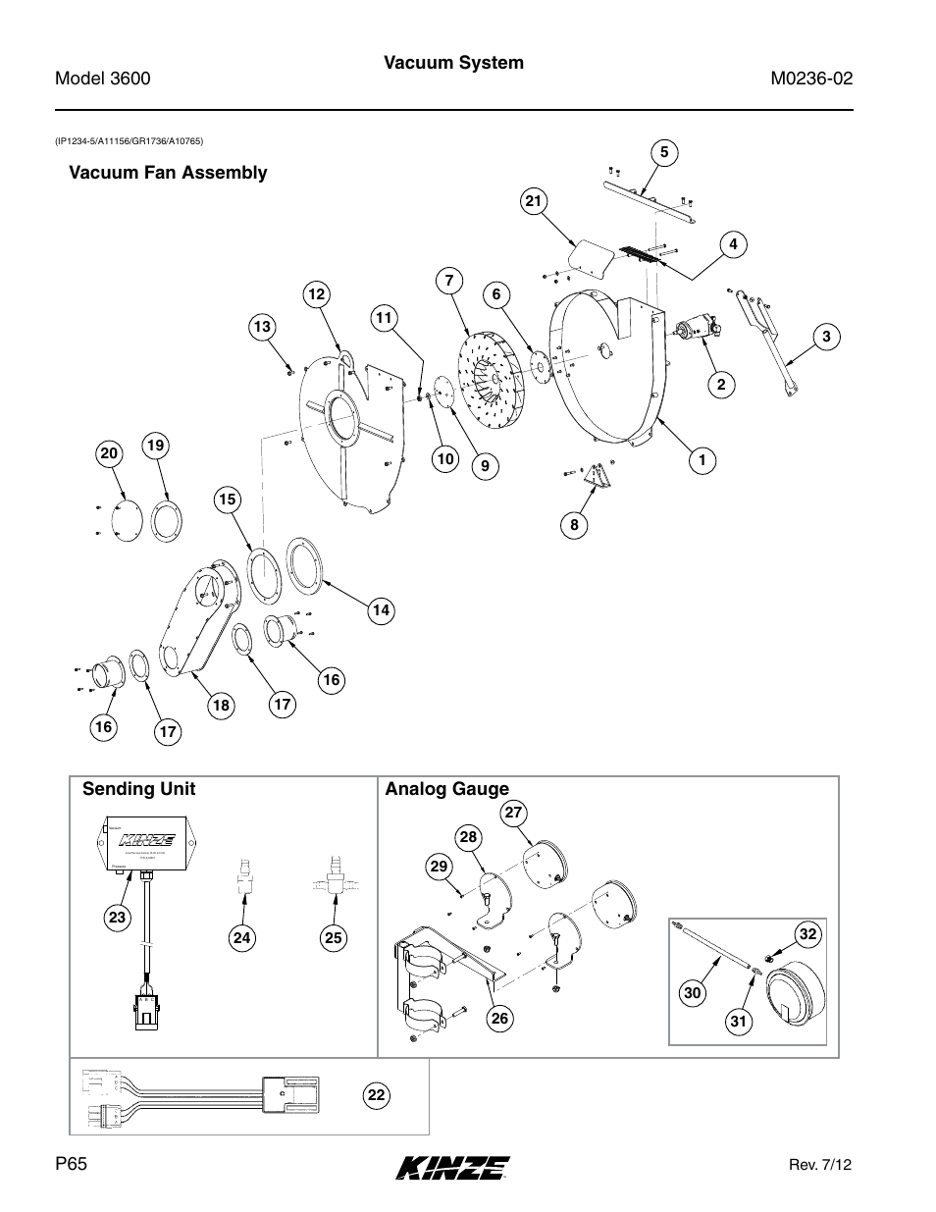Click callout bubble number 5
click(x=664, y=152)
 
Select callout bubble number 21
click(x=533, y=202)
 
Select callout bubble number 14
click(x=381, y=610)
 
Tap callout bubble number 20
click(x=108, y=452)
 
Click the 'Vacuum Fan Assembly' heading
click(x=167, y=173)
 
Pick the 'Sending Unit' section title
click(x=138, y=789)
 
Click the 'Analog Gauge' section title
click(x=447, y=789)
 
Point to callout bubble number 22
click(x=374, y=1095)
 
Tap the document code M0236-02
click(x=811, y=79)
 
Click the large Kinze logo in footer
click(x=453, y=1167)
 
